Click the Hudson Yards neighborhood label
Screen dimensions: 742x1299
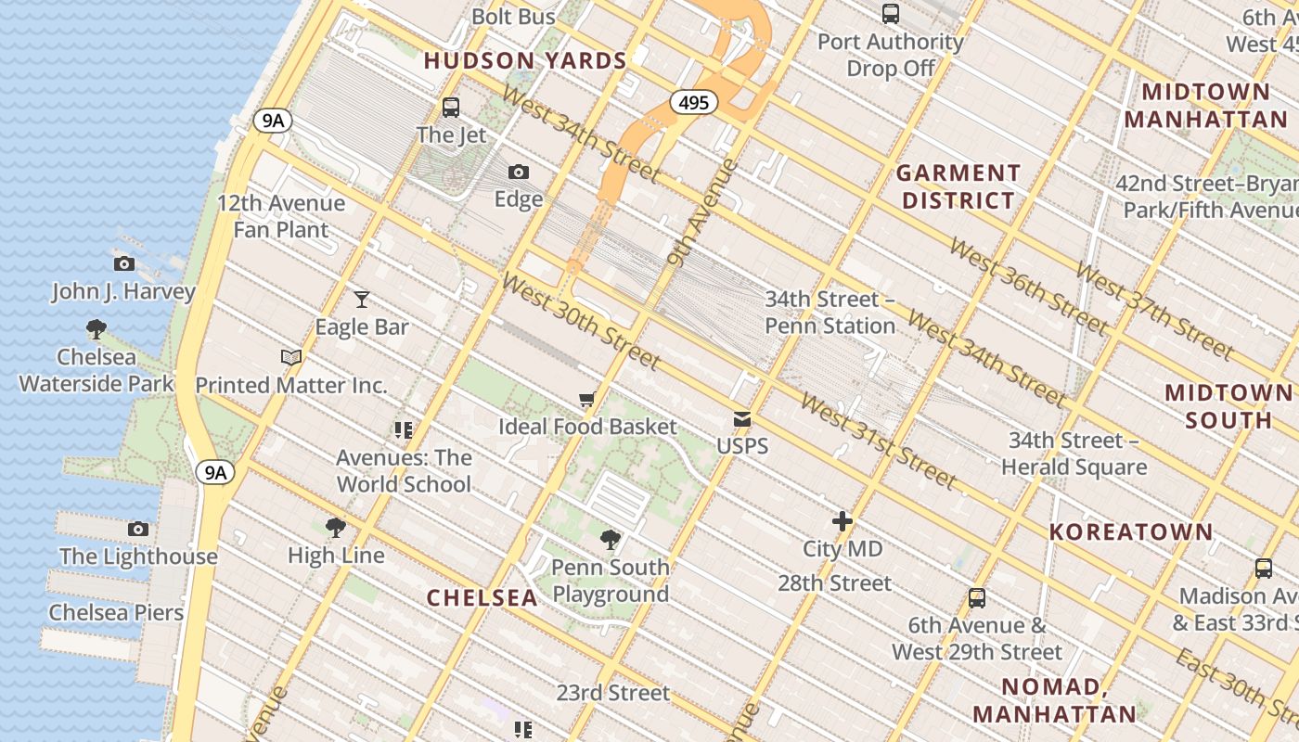525,61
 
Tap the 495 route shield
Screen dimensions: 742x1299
693,102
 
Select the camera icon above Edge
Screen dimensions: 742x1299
519,172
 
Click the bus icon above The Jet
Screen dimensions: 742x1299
451,107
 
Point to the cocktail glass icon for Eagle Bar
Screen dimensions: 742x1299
362,299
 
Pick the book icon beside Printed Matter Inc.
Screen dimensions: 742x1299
291,357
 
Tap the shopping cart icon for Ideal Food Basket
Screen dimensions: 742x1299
586,400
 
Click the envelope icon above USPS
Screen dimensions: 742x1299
742,419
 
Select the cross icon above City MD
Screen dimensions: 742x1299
842,521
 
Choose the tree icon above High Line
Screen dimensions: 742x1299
336,528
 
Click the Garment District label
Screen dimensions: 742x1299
958,186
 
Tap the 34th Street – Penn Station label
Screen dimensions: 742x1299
830,313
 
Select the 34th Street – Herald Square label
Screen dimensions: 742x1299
1074,454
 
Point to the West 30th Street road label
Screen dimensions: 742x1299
581,320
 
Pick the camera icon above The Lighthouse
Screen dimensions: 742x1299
138,529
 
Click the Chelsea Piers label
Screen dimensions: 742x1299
116,612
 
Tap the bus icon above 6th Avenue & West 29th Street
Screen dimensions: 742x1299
976,598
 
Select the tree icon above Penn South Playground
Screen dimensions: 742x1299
611,539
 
